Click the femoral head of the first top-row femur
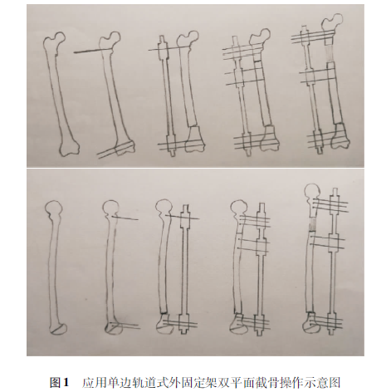pyautogui.click(x=61, y=37)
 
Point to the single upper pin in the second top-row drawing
pyautogui.click(x=93, y=51)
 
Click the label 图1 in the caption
pyautogui.click(x=59, y=382)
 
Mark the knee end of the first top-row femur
pyautogui.click(x=69, y=147)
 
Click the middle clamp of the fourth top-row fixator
pyautogui.click(x=238, y=76)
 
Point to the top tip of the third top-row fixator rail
pyautogui.click(x=161, y=36)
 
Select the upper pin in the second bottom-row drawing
pyautogui.click(x=125, y=218)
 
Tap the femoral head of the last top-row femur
pyautogui.click(x=335, y=22)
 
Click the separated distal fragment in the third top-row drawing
pyautogui.click(x=194, y=140)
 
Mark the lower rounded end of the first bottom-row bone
pyautogui.click(x=59, y=329)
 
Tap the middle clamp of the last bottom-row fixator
pyautogui.click(x=335, y=242)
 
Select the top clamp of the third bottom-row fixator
pyautogui.click(x=184, y=219)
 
